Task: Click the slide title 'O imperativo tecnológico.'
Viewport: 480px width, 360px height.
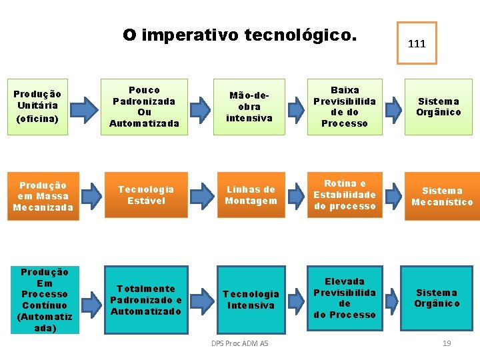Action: click(239, 35)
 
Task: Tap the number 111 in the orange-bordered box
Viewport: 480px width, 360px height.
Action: click(417, 43)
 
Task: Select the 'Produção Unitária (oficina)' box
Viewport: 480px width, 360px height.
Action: click(38, 107)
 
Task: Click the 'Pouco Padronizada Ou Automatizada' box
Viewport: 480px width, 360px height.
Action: click(145, 107)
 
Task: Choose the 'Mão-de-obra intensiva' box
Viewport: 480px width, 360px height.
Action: click(250, 107)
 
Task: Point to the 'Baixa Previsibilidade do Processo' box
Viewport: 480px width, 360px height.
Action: click(345, 107)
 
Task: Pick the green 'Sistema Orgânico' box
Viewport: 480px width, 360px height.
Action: click(439, 107)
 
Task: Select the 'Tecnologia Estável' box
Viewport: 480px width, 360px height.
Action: click(145, 195)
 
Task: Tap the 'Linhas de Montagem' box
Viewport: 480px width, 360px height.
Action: click(251, 195)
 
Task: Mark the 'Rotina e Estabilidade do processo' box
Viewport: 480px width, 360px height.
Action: click(345, 195)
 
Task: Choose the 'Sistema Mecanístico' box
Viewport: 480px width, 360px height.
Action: click(442, 196)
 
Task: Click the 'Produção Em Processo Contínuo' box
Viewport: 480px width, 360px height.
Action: click(45, 300)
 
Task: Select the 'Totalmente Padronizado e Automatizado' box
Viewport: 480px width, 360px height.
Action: click(146, 300)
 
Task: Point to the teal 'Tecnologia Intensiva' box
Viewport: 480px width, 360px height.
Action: click(251, 300)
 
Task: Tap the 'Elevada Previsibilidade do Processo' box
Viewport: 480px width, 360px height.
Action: click(345, 298)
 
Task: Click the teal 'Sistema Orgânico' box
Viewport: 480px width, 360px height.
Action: click(437, 298)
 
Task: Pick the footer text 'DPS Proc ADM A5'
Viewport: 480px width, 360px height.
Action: click(239, 343)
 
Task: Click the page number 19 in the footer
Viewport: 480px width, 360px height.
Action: click(447, 343)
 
